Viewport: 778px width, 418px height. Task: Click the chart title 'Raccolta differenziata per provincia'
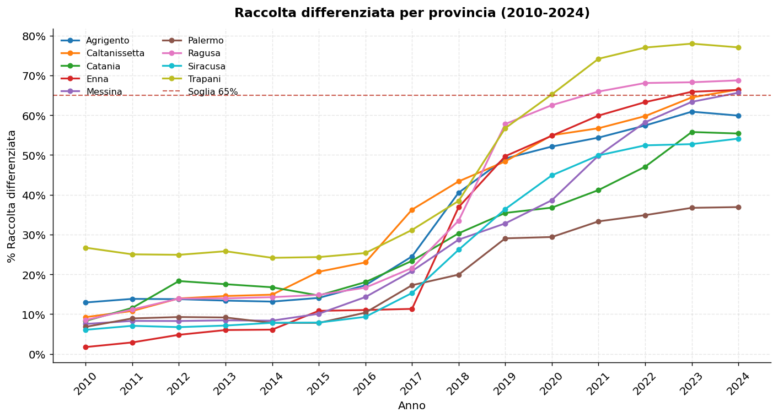click(412, 13)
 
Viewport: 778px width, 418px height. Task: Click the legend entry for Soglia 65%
click(212, 92)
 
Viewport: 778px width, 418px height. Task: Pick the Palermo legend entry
click(205, 41)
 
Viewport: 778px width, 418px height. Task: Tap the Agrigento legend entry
click(108, 41)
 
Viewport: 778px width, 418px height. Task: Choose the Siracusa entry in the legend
click(206, 67)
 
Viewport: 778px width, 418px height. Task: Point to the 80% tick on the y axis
click(34, 36)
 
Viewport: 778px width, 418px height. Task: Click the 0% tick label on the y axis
click(37, 355)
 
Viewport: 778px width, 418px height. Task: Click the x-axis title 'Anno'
click(412, 406)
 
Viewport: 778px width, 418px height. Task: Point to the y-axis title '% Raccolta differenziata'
click(12, 196)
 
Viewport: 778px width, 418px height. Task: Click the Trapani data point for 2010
click(85, 248)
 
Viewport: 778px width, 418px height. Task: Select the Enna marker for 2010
click(85, 347)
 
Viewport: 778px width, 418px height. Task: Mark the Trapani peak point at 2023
click(692, 44)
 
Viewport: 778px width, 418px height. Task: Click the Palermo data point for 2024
click(738, 207)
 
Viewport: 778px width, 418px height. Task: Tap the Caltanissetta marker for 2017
click(412, 210)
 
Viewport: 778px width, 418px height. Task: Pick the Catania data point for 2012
click(179, 281)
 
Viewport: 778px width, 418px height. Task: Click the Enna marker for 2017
click(412, 309)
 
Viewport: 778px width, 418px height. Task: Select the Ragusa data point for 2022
click(645, 83)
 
